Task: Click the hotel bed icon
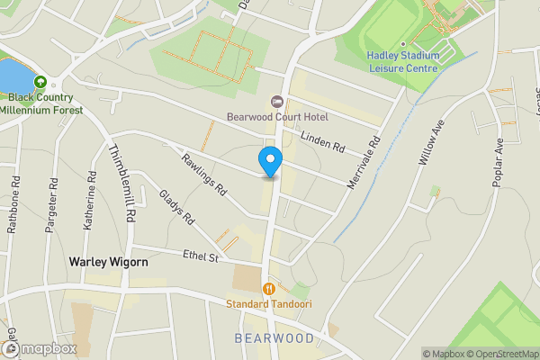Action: pos(276,101)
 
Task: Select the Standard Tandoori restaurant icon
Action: pos(268,289)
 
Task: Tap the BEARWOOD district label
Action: pos(274,338)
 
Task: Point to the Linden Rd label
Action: pos(323,142)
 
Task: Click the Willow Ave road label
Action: pos(432,144)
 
